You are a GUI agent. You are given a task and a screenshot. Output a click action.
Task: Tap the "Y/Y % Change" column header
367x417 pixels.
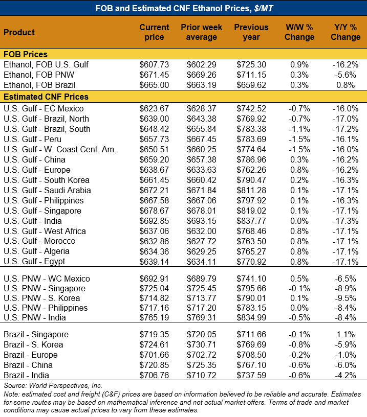coord(345,32)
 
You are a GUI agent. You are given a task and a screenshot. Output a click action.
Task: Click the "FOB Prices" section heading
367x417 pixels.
coord(26,55)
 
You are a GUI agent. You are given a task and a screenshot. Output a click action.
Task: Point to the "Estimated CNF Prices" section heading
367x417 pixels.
coord(46,97)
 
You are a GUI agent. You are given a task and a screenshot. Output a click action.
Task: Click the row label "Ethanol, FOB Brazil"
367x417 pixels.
coord(39,85)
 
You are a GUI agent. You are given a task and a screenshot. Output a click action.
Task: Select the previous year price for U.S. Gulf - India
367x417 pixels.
coord(251,221)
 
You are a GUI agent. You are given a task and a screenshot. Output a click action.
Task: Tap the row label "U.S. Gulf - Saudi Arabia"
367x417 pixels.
coord(47,190)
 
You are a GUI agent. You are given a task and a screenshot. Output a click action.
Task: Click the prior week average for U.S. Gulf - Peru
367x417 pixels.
coord(200,139)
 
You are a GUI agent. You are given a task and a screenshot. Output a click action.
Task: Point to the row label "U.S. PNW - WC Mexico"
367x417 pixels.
coord(47,279)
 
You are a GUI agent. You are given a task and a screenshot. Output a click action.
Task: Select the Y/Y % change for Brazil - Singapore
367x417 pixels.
coord(348,334)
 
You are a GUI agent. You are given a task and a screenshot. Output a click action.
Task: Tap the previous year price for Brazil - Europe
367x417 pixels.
coord(251,355)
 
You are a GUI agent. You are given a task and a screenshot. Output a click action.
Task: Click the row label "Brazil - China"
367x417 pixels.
coord(30,365)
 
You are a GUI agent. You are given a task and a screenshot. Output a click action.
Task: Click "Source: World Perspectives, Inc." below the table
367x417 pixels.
coord(53,385)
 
